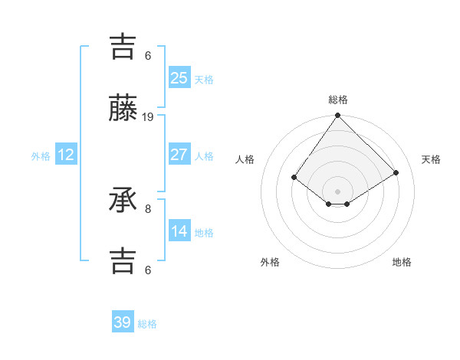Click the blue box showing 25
(x=179, y=77)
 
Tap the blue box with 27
(x=179, y=155)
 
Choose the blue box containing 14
(x=179, y=231)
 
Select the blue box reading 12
(x=66, y=155)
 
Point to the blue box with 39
(x=123, y=322)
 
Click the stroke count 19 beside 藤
(x=148, y=117)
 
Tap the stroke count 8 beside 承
(x=148, y=208)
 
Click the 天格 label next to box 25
(x=204, y=79)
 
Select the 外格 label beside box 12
(x=41, y=155)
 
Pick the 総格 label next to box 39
(x=148, y=324)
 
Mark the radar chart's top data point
(x=337, y=116)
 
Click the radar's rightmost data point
(x=396, y=172)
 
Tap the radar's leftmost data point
(x=294, y=177)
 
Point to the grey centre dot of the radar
(x=337, y=191)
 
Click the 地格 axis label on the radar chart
(x=402, y=262)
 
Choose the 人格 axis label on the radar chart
(x=245, y=159)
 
